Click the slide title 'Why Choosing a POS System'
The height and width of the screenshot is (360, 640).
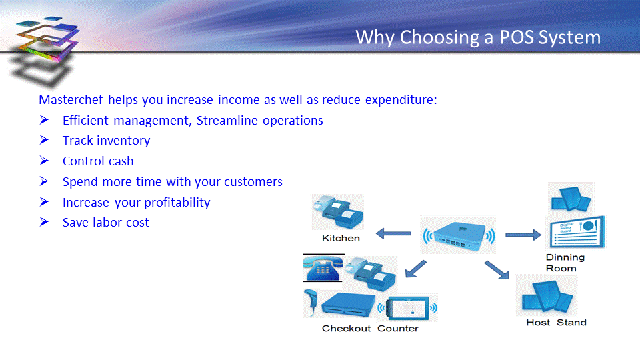tap(478, 37)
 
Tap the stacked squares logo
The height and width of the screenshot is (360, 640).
tap(45, 51)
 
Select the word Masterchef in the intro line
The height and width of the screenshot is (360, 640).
tap(71, 99)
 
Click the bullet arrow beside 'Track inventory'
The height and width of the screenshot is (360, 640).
tap(44, 140)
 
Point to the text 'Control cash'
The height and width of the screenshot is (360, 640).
tap(98, 161)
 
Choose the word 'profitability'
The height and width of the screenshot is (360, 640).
tap(177, 203)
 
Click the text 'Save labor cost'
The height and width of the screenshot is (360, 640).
tap(106, 223)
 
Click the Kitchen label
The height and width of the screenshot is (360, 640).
tap(341, 239)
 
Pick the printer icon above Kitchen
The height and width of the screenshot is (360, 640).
tap(337, 211)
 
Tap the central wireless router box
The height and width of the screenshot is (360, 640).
tap(459, 235)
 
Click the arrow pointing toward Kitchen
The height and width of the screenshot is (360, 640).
tap(393, 234)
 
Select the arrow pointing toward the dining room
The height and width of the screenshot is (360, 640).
tap(523, 235)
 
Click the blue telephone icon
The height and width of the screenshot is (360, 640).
tap(323, 268)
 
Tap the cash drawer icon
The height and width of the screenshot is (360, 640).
tap(348, 305)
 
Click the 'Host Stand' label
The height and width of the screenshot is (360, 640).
tap(556, 323)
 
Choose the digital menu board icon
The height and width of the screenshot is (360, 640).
tap(576, 233)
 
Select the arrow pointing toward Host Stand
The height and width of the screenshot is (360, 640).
tap(497, 270)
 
